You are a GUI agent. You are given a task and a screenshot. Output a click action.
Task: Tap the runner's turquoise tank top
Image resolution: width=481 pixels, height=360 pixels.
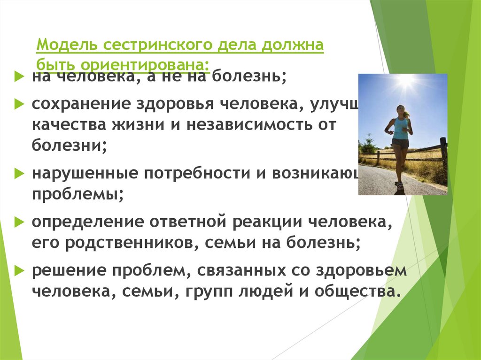[x=401, y=128]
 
